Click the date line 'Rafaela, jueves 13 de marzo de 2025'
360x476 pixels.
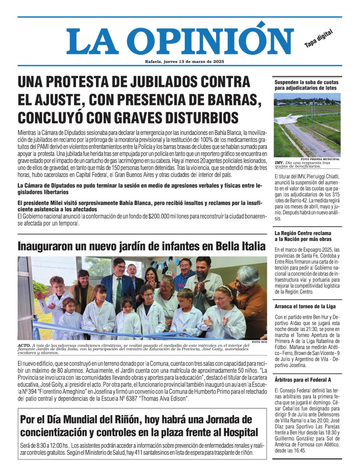[x=184, y=62]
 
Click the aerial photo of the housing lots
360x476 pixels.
[x=307, y=125]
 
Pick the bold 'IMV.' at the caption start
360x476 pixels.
[x=279, y=163]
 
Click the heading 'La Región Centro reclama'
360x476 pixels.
[x=303, y=233]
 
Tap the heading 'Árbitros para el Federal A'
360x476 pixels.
[x=302, y=380]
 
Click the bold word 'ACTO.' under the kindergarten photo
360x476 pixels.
[x=24, y=345]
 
